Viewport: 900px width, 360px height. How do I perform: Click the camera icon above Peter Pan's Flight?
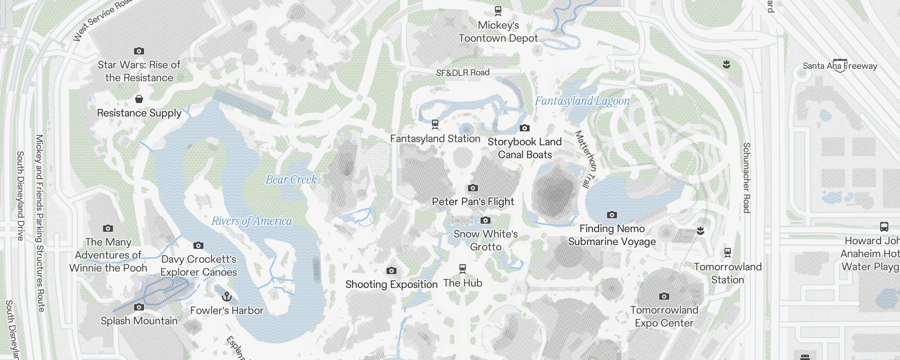472,188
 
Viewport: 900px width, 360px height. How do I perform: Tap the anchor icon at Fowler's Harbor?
227,297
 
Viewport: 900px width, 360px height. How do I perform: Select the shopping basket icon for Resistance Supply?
139,99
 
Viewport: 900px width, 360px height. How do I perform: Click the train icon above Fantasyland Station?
435,124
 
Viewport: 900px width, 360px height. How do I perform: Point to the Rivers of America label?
252,221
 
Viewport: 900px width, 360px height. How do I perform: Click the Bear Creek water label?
291,180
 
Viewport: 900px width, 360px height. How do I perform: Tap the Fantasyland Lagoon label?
582,101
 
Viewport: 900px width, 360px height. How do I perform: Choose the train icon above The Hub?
462,269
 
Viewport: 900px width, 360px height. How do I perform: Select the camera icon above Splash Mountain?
139,307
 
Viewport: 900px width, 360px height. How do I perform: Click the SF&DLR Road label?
462,72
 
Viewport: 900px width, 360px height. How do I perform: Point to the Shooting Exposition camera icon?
391,270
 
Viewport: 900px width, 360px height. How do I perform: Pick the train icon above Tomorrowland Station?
727,252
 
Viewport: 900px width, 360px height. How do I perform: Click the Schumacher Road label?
746,178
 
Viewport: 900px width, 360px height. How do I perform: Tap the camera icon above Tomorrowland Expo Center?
664,296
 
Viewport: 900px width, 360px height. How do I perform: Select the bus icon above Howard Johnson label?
884,227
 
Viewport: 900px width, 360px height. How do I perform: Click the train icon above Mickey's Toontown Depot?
498,10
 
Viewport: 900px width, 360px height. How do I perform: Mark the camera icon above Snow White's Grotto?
485,220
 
